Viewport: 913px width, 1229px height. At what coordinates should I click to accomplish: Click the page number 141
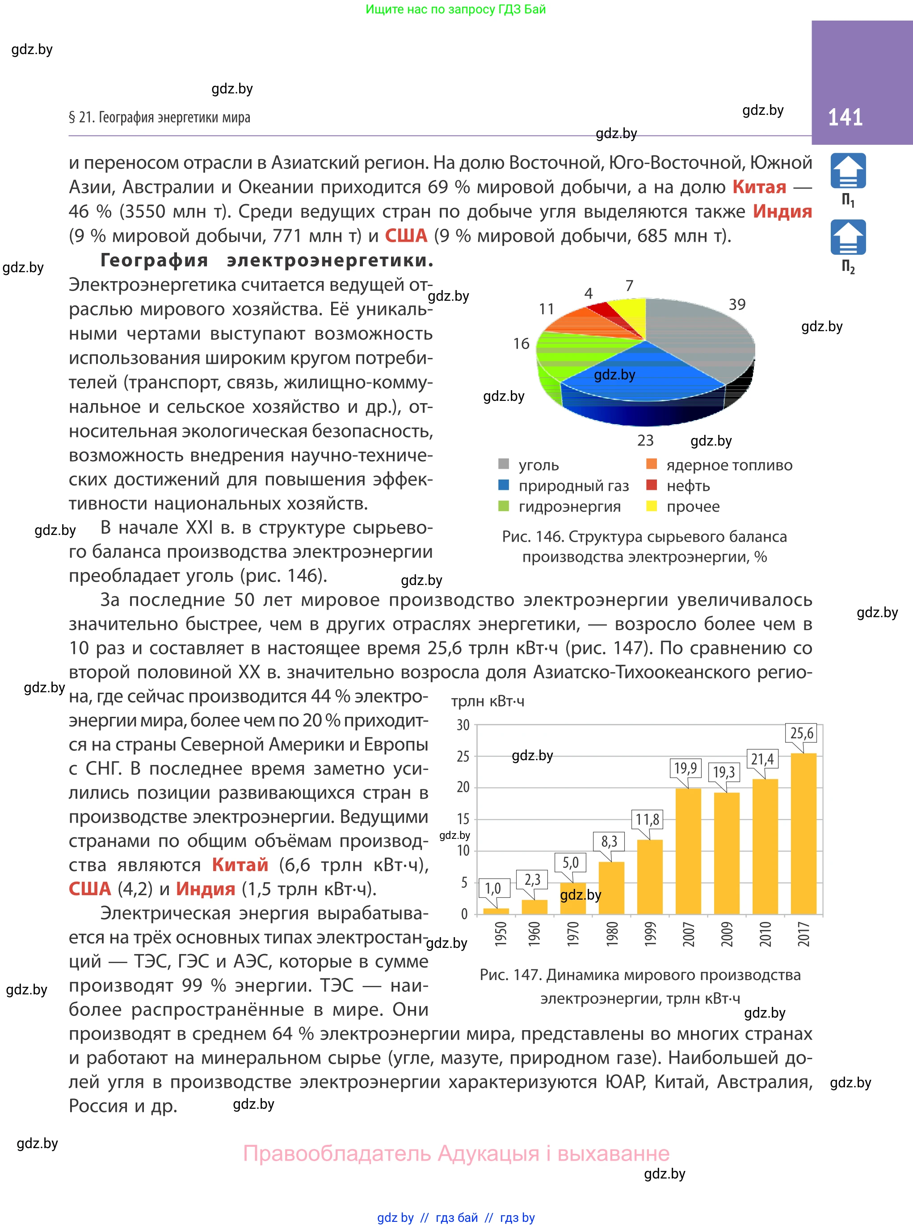(845, 117)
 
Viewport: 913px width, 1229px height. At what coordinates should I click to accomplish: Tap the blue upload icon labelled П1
(848, 171)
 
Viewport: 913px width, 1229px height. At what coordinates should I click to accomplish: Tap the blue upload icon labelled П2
(848, 238)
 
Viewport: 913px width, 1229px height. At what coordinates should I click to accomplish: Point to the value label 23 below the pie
(645, 440)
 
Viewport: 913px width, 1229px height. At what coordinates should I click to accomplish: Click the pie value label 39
(736, 304)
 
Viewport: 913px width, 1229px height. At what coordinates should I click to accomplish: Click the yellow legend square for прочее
(652, 505)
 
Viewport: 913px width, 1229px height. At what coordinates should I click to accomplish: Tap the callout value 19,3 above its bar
(724, 771)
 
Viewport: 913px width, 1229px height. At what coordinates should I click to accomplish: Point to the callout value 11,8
(647, 819)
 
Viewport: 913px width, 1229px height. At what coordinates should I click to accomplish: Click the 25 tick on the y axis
(463, 756)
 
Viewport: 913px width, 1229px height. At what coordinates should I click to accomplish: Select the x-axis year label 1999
(650, 934)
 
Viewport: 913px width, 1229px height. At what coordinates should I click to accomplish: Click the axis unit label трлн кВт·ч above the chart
(488, 701)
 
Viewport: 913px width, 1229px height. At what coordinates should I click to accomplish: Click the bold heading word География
(154, 260)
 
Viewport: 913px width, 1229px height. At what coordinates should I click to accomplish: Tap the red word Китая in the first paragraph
(759, 187)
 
